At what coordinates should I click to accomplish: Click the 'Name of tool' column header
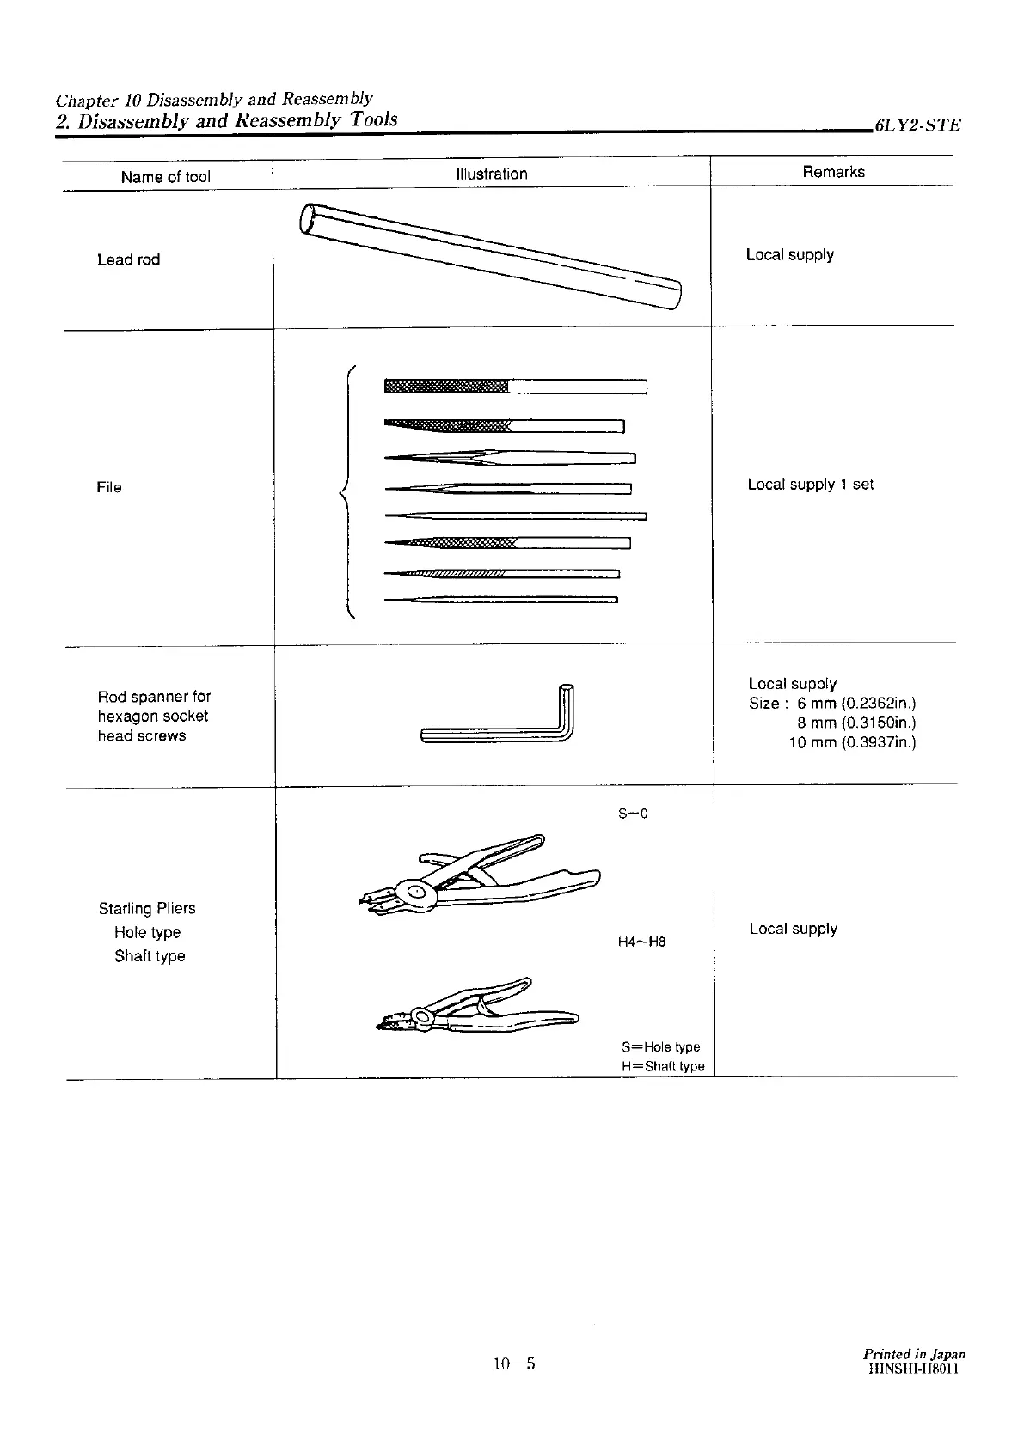click(x=165, y=177)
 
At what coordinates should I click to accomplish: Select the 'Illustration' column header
click(x=492, y=174)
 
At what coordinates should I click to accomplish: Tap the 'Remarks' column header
click(x=833, y=172)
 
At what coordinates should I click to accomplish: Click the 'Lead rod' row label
click(x=128, y=259)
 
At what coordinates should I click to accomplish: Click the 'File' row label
click(x=109, y=487)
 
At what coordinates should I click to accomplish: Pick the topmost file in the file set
click(x=515, y=386)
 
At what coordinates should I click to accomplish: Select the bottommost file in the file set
click(x=500, y=600)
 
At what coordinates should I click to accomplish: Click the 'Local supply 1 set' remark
click(x=810, y=485)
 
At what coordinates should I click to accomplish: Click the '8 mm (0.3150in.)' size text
click(x=856, y=722)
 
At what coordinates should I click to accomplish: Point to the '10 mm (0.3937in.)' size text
click(x=852, y=742)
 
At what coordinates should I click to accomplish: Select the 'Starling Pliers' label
click(x=147, y=908)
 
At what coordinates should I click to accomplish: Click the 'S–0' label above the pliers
click(x=633, y=814)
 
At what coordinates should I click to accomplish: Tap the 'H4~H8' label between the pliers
click(x=641, y=942)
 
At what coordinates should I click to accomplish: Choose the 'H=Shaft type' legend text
click(x=663, y=1066)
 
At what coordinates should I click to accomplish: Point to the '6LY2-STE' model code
click(x=917, y=125)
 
